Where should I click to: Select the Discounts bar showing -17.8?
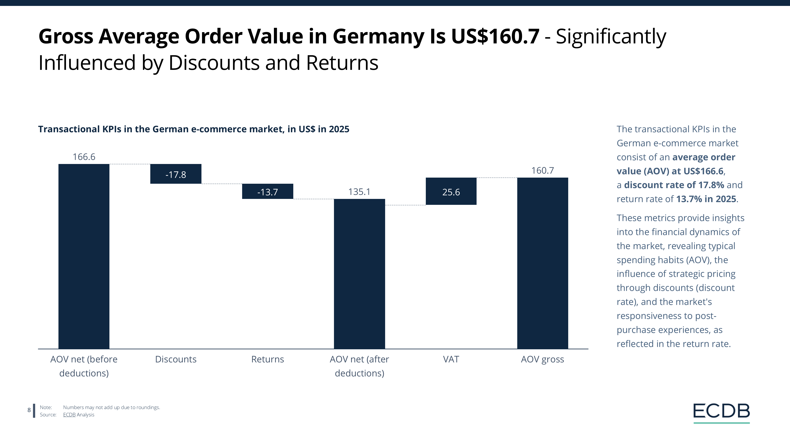point(176,174)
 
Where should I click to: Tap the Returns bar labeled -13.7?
point(267,191)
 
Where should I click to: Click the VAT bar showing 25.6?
point(451,191)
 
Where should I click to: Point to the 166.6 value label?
point(84,157)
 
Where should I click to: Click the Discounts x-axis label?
point(176,359)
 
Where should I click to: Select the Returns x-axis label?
point(267,359)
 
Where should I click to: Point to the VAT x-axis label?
point(451,359)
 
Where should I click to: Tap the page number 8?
point(29,410)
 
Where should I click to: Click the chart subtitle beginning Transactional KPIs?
point(194,129)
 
